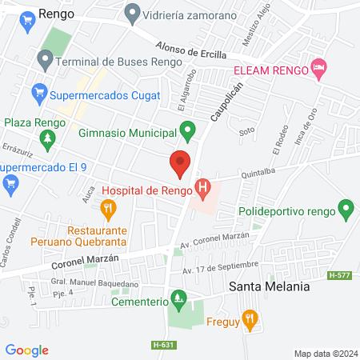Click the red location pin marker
pos(181,163)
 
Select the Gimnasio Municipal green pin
pos(188,129)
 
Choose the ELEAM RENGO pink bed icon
pos(319,69)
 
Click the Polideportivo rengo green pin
pos(346,211)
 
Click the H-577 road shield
pos(338,274)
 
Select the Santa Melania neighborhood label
pos(268,286)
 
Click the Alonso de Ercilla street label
pos(191,50)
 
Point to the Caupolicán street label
pos(226,102)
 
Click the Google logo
pos(27,350)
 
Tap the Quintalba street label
pos(257,171)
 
